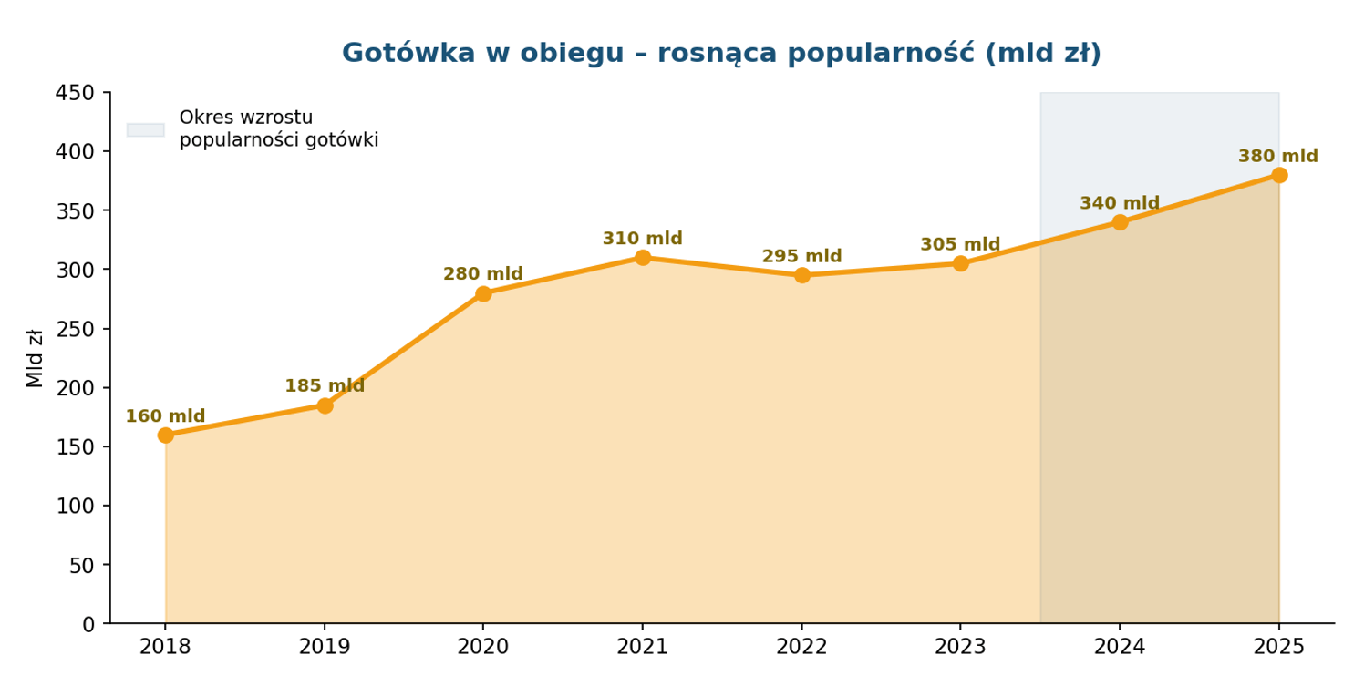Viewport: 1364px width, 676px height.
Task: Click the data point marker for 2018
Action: [x=166, y=435]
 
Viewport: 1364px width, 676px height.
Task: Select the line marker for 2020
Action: [x=483, y=293]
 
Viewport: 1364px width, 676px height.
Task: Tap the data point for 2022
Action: [x=802, y=275]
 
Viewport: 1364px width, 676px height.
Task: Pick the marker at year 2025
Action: [x=1279, y=175]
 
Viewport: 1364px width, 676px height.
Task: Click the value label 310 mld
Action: [x=642, y=239]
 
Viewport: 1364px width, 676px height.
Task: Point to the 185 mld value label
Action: [x=325, y=386]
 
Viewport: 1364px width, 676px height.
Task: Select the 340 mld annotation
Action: [x=1120, y=204]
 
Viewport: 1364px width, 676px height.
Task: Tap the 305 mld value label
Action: [x=960, y=245]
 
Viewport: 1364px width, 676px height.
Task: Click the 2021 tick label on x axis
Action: [x=642, y=647]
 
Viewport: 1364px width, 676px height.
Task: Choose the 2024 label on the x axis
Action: [x=1120, y=647]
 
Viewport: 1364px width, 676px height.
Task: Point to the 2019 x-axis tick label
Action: [x=325, y=647]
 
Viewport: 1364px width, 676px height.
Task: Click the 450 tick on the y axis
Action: [x=76, y=93]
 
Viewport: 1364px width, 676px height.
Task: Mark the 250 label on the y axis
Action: [x=76, y=329]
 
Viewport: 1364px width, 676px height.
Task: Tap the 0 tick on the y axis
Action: [x=88, y=624]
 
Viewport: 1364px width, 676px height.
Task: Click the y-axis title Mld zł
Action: [x=35, y=358]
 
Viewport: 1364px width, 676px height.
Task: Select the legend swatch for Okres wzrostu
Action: [x=146, y=129]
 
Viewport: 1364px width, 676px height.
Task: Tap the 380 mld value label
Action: [x=1278, y=157]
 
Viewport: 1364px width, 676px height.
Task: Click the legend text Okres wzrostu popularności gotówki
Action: [x=278, y=129]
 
